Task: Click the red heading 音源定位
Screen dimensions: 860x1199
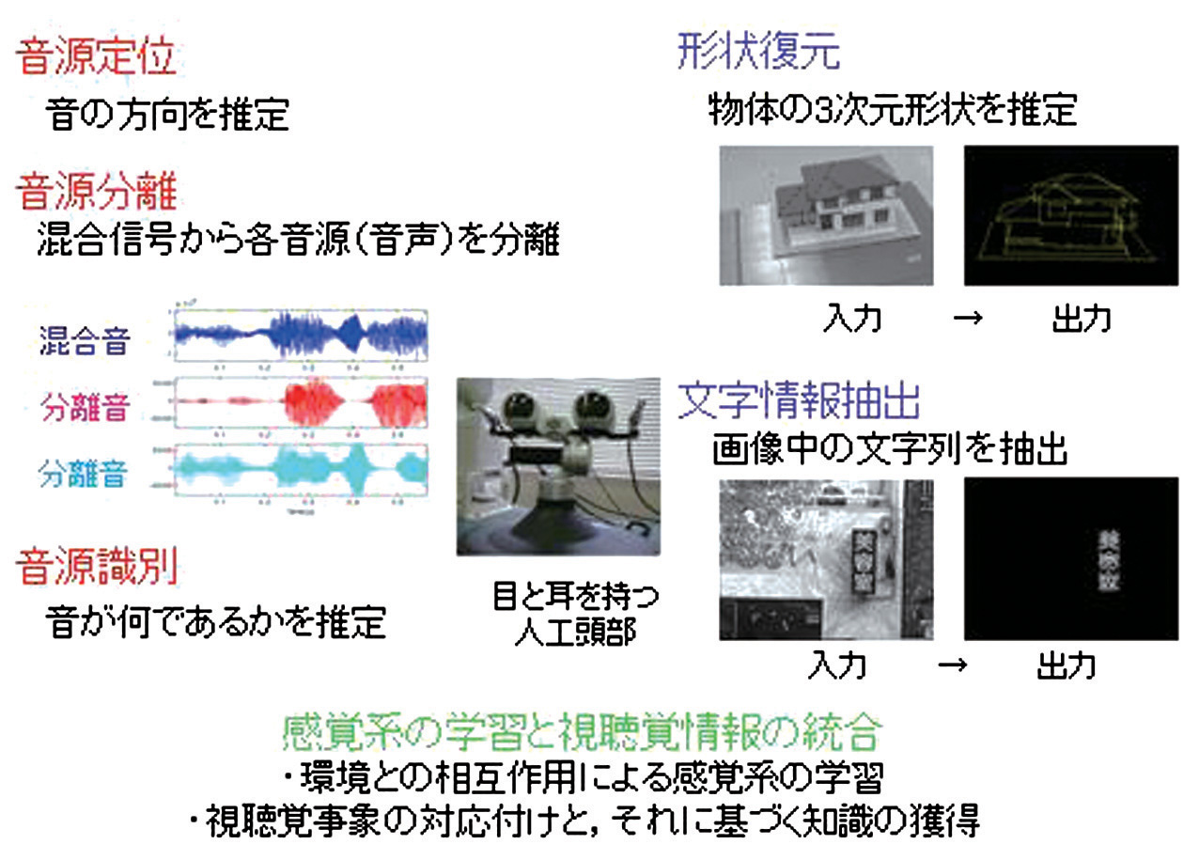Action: [96, 58]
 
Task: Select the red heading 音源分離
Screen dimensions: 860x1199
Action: [96, 195]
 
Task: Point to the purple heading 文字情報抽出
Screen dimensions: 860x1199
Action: [799, 401]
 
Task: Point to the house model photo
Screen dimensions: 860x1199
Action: [827, 214]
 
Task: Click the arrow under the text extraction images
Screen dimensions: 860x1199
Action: [951, 665]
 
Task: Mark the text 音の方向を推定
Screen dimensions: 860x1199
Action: [165, 117]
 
